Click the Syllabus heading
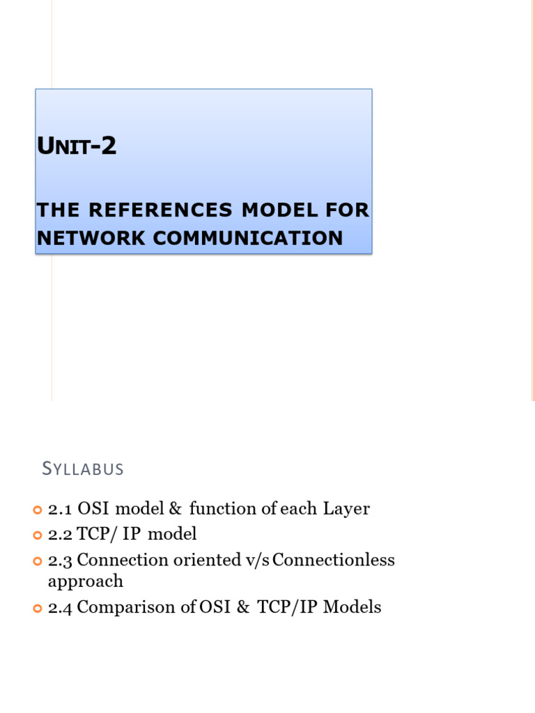coord(83,469)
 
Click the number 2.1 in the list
coord(60,509)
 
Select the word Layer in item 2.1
coord(346,509)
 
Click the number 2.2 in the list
coord(61,534)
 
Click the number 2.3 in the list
coord(61,560)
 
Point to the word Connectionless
coord(334,560)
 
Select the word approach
coord(85,581)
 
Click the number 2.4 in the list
coord(61,607)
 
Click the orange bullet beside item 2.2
coord(38,535)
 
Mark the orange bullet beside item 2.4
coord(38,608)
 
